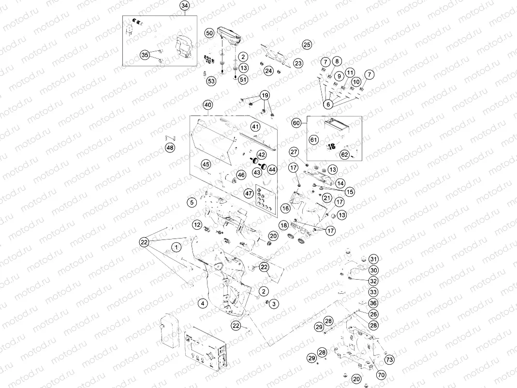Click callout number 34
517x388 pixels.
(x=184, y=6)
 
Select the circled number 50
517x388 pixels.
(x=209, y=33)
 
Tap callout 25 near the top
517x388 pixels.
(x=307, y=45)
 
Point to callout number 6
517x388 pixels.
(x=328, y=104)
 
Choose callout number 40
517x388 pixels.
(x=207, y=105)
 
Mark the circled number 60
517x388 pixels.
(x=296, y=123)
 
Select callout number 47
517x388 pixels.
(x=249, y=193)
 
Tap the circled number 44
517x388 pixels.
(x=272, y=169)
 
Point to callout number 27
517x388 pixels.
(x=294, y=152)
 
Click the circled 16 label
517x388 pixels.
(x=285, y=209)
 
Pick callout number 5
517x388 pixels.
(x=192, y=202)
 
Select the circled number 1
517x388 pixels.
(x=177, y=247)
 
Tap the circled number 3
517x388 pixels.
(x=274, y=304)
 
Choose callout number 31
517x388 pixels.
(x=373, y=258)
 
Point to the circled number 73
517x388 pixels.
(x=389, y=359)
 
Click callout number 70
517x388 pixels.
(x=381, y=374)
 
